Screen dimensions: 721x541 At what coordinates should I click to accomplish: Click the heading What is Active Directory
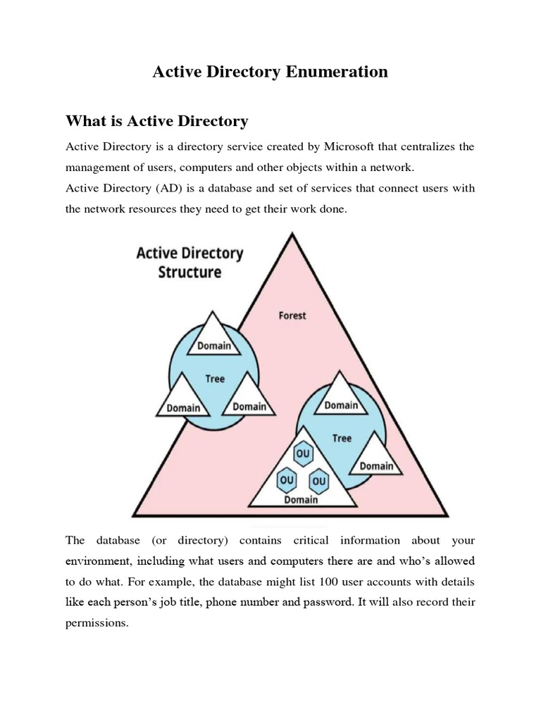click(x=156, y=121)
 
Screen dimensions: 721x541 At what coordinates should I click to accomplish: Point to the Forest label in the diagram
click(x=292, y=315)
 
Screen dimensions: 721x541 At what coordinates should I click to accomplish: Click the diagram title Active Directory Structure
click(x=189, y=262)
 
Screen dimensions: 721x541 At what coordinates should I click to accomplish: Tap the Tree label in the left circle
click(x=215, y=379)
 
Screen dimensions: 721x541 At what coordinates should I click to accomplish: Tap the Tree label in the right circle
click(x=342, y=438)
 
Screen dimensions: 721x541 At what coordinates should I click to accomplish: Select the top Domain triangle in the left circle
click(x=214, y=339)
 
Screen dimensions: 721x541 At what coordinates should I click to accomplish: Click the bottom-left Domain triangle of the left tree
click(x=182, y=401)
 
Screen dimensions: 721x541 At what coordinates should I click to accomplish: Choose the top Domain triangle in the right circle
click(x=341, y=400)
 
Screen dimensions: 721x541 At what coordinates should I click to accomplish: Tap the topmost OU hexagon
click(x=303, y=454)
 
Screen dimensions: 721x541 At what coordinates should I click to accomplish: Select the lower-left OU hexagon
click(x=287, y=479)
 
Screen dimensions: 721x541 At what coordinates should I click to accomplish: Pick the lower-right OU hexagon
click(x=319, y=480)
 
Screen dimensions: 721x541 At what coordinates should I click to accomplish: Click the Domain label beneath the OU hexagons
click(x=301, y=500)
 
